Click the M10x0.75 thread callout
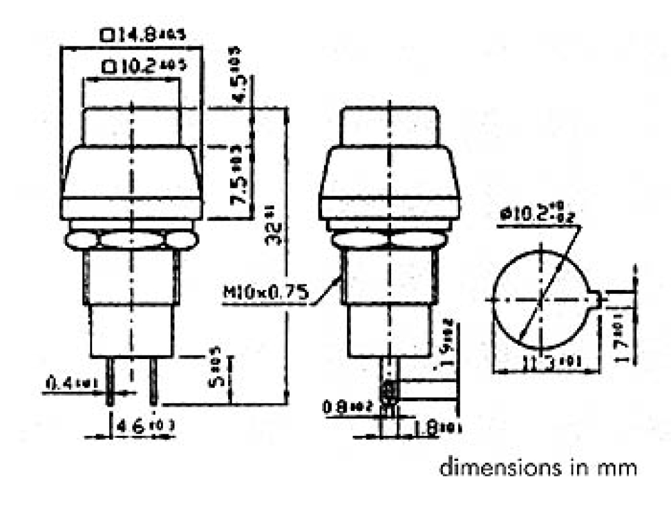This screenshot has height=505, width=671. point(265,295)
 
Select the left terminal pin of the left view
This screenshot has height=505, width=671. point(110,381)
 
